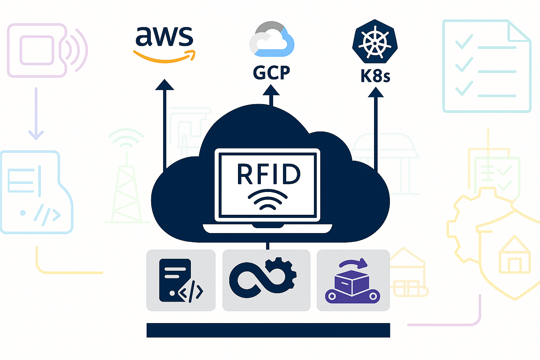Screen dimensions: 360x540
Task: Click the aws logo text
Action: point(164,37)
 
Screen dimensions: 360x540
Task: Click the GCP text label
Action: point(271,72)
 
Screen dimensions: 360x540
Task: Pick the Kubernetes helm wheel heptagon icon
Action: point(375,41)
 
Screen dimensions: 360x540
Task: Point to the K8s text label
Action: point(375,76)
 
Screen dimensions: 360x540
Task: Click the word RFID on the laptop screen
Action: point(269,174)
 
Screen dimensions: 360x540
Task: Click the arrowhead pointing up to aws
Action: point(164,85)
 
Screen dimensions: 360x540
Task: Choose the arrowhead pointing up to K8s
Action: point(375,92)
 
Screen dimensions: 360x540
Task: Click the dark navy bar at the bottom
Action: point(268,330)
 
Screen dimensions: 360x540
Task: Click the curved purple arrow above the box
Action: point(353,263)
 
